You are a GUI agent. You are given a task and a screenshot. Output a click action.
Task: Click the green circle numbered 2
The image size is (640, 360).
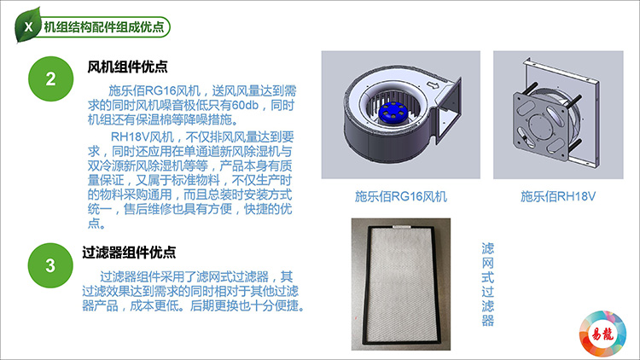(x=50, y=79)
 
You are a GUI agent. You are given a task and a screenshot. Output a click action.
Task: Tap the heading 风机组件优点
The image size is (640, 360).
(x=127, y=67)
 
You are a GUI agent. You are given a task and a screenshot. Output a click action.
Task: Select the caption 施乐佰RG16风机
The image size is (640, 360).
(x=401, y=196)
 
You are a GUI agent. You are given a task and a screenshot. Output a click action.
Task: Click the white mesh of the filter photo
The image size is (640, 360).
(x=403, y=282)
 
